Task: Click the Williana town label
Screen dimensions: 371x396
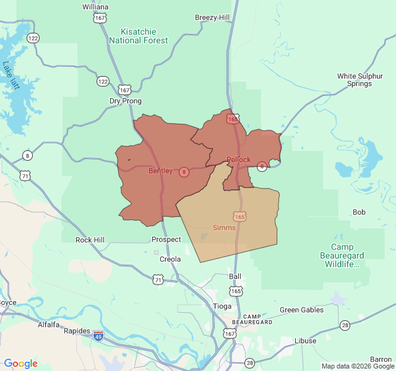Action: click(95, 7)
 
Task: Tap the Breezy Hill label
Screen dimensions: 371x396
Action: click(212, 17)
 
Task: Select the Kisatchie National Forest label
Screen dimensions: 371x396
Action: click(138, 36)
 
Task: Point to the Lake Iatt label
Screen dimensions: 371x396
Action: click(12, 75)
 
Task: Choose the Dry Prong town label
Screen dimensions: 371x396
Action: click(126, 101)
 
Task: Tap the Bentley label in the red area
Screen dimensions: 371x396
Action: click(160, 171)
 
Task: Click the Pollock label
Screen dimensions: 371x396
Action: click(238, 160)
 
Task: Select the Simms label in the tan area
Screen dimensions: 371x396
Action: click(224, 228)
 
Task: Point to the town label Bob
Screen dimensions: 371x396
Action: click(359, 212)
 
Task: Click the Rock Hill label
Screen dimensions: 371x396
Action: click(90, 240)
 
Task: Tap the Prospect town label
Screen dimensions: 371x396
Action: click(166, 239)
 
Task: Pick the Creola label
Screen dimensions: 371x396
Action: click(170, 259)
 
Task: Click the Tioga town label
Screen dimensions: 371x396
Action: click(222, 306)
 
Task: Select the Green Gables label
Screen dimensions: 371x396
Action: click(301, 310)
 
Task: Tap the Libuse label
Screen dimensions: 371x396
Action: click(305, 341)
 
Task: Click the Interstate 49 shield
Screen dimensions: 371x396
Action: click(98, 336)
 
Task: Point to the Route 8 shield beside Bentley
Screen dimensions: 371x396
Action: click(184, 172)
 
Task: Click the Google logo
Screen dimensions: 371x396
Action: click(21, 364)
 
